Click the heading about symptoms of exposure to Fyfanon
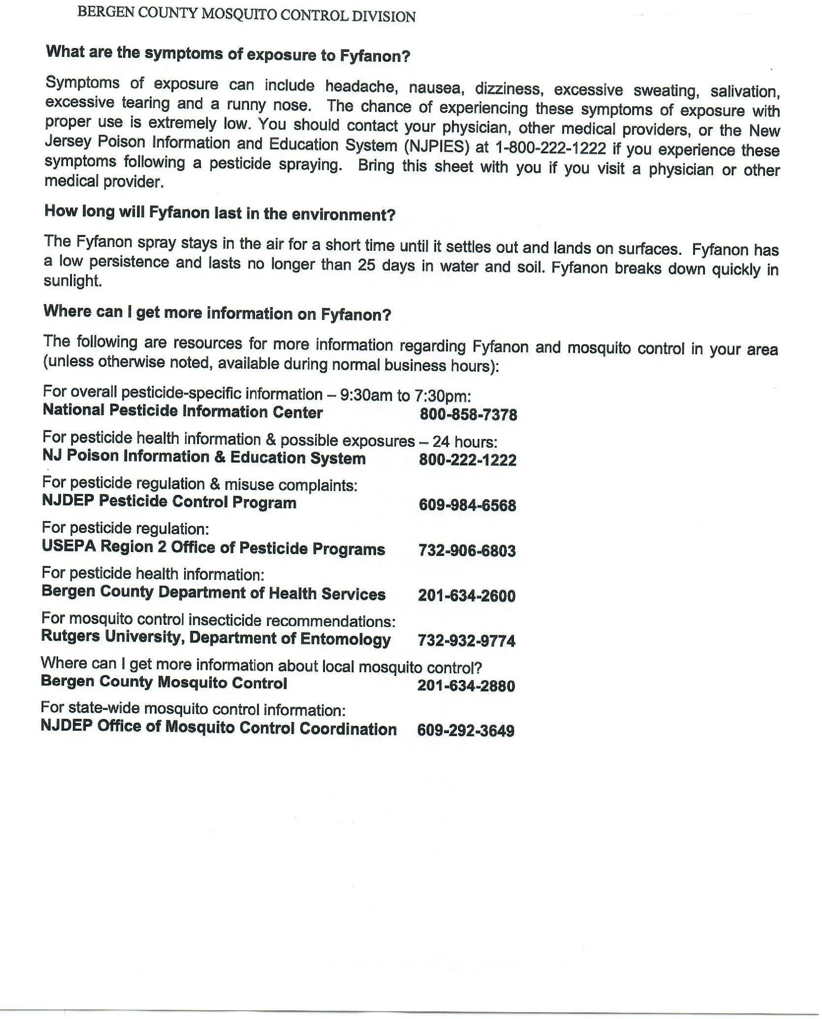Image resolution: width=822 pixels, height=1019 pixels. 228,53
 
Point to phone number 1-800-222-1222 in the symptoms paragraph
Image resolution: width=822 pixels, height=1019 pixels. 550,148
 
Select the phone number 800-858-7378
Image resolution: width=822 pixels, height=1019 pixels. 468,415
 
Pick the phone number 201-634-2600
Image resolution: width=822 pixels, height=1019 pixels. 466,596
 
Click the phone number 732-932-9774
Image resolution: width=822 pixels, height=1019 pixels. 466,641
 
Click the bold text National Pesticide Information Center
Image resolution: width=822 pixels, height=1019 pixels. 183,411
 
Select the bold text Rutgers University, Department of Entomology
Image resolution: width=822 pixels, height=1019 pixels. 216,638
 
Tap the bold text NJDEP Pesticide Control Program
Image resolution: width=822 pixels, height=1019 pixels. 169,501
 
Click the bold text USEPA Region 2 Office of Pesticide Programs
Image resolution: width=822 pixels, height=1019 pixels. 213,547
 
